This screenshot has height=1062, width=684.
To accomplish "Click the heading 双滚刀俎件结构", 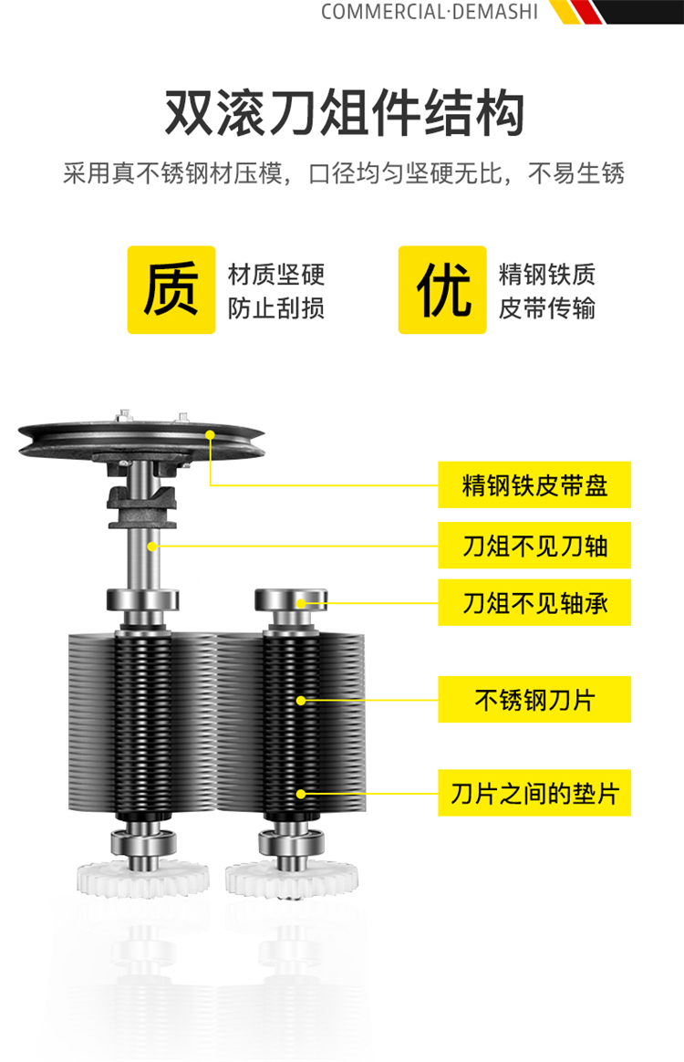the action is [x=345, y=112].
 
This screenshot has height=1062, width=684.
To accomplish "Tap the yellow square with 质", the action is [x=171, y=290].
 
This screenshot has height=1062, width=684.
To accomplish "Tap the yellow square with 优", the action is [x=442, y=290].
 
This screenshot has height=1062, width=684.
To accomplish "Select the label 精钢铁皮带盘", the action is [x=534, y=485].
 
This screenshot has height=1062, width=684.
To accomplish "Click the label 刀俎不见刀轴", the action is [x=534, y=546].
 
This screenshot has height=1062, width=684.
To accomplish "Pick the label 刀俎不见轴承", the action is [x=534, y=602].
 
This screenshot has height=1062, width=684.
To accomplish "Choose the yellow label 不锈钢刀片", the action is [x=534, y=699].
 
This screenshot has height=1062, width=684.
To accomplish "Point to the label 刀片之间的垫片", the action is [x=534, y=793].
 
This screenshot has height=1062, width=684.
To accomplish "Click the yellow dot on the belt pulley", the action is [x=210, y=435].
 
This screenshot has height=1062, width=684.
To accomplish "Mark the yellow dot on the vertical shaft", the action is [x=152, y=546].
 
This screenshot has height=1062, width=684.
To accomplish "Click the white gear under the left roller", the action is [x=143, y=879].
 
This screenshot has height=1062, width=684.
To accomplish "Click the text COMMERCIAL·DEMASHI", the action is [x=430, y=12].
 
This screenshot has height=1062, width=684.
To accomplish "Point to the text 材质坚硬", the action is [x=276, y=275].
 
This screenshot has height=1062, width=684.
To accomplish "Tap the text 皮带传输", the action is [x=547, y=308].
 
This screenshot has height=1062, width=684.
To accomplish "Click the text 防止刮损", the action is [x=276, y=308].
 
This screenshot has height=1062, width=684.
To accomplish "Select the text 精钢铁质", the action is [x=547, y=275].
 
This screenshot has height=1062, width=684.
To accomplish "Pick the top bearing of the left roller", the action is [x=143, y=600].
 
